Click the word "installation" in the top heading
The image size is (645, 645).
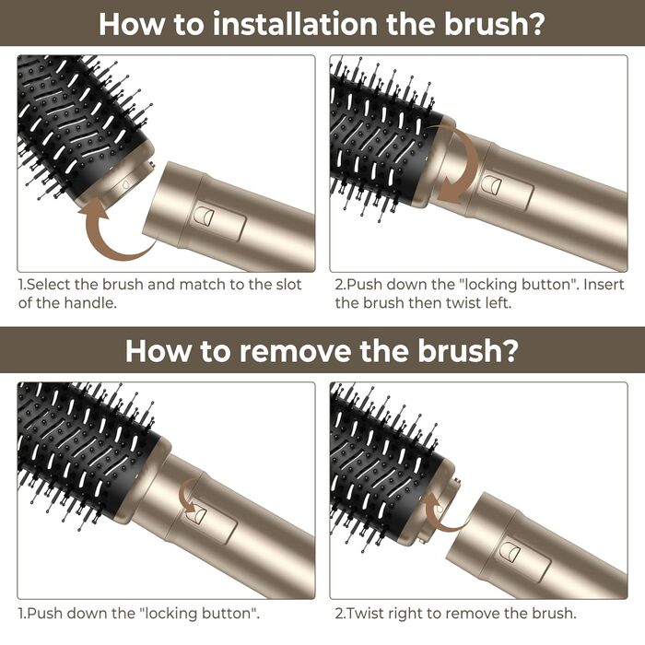[x=295, y=24]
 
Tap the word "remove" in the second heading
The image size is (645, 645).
[x=296, y=351]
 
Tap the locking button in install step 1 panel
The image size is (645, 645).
[x=205, y=216]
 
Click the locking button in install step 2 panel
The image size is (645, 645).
[x=491, y=184]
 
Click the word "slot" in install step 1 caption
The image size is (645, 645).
[x=288, y=284]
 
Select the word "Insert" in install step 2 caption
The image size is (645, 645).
[x=604, y=284]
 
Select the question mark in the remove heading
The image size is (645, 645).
[x=511, y=351]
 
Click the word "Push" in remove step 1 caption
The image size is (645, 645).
[x=44, y=614]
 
